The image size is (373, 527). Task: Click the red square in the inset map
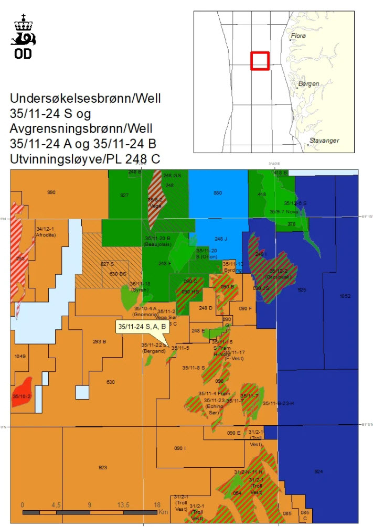(x=260, y=60)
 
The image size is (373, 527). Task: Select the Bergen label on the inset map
(x=308, y=84)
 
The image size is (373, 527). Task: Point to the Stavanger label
(x=324, y=141)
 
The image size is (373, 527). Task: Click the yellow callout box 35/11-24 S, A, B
(x=142, y=327)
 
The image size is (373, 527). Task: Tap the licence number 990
(x=51, y=192)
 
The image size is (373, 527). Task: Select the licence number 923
(x=102, y=467)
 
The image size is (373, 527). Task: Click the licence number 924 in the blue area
(x=318, y=471)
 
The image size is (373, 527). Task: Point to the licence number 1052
(x=345, y=296)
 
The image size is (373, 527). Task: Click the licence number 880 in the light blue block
(x=218, y=193)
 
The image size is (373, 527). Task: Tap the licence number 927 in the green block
(x=124, y=195)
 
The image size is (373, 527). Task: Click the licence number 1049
(x=20, y=356)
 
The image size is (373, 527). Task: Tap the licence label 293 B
(x=100, y=341)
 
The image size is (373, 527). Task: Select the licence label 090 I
(x=180, y=448)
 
